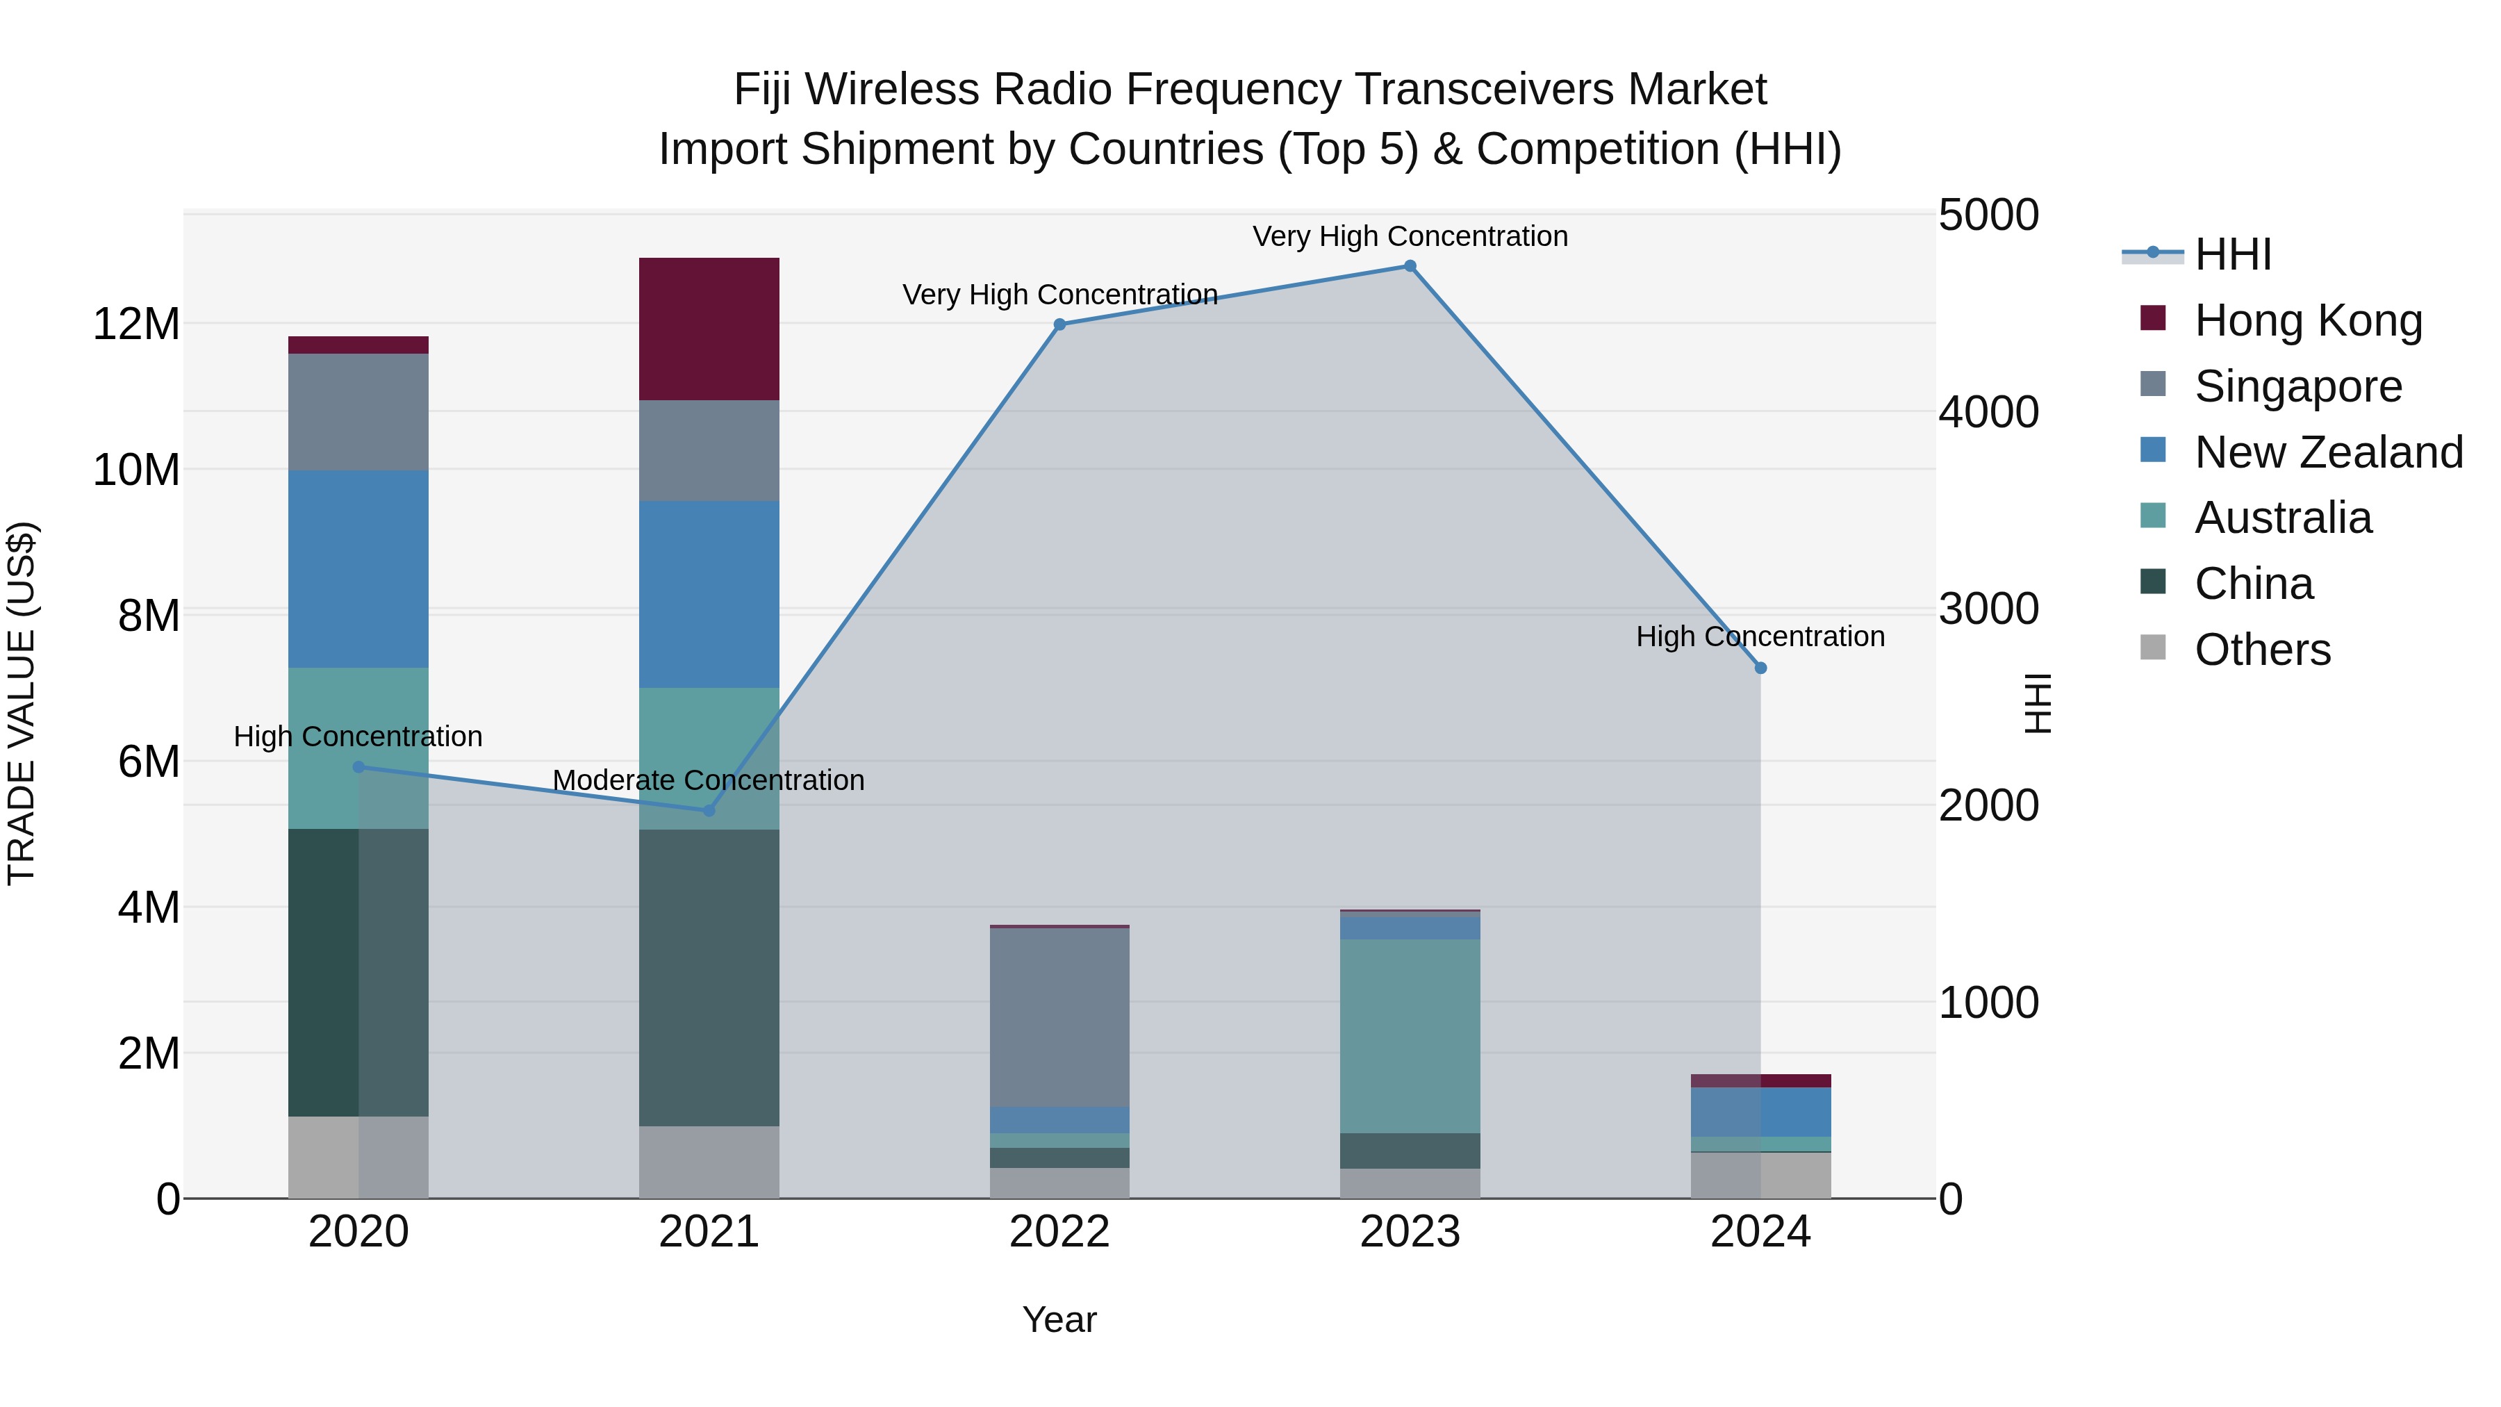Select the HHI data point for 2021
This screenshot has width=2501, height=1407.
point(709,810)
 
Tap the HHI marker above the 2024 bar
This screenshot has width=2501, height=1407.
point(1760,668)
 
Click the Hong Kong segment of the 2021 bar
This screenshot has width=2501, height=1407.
point(709,329)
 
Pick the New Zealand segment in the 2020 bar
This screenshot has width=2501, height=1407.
point(358,569)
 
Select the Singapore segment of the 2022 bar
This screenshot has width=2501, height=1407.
point(1059,1018)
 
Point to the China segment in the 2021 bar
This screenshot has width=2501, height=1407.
point(709,977)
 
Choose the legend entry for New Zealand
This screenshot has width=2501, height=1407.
point(2328,452)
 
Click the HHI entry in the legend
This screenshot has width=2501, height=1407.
point(2232,254)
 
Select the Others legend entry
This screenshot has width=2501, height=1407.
point(2262,650)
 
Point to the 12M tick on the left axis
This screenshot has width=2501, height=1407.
point(136,323)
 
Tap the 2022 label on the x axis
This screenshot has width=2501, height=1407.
point(1059,1232)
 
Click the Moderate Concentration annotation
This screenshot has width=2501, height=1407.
point(708,780)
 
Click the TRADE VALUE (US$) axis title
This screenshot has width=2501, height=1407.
point(22,703)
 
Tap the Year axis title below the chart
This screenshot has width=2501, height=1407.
point(1059,1319)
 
